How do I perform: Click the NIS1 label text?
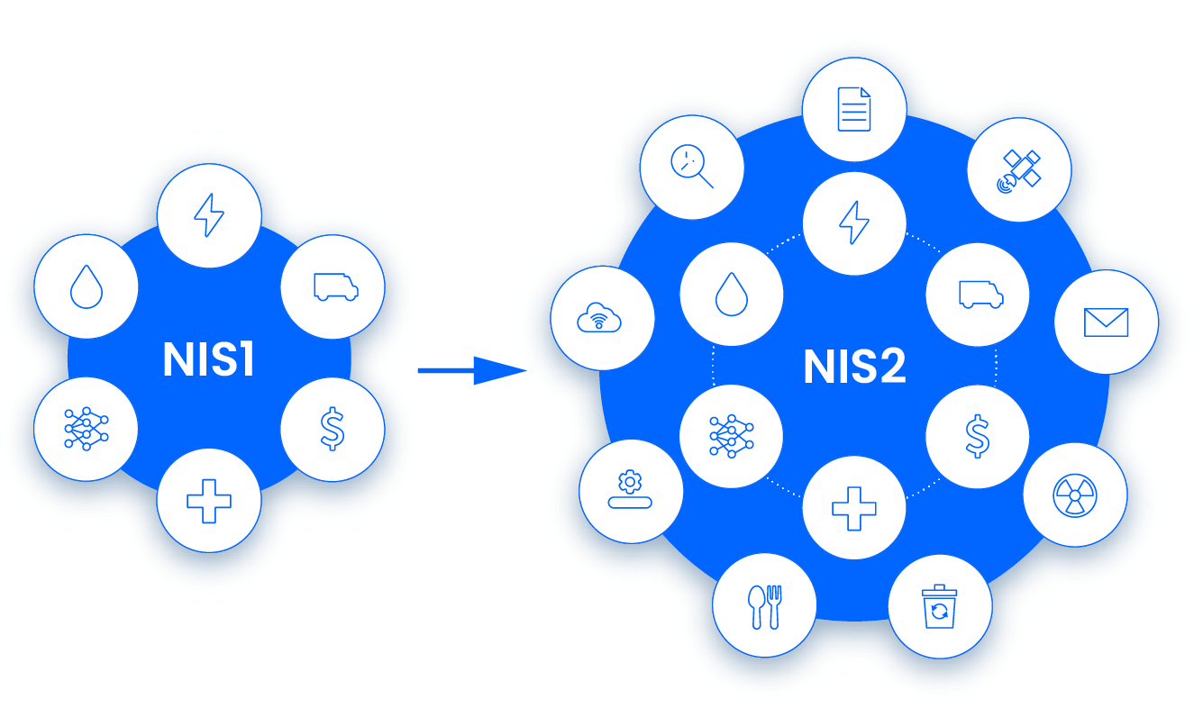click(209, 360)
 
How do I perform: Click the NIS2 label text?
click(854, 368)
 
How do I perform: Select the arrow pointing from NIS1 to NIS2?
click(470, 369)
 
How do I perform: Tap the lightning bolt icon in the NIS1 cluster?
click(209, 216)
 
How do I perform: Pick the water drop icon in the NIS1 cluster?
click(86, 287)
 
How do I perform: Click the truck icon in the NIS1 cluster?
click(333, 287)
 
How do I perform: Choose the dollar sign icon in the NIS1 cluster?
click(333, 429)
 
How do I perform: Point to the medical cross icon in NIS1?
click(209, 500)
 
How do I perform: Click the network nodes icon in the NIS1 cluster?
click(86, 429)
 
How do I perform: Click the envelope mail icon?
click(1107, 322)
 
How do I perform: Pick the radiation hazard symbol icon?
click(1075, 495)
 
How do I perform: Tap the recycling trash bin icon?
click(940, 607)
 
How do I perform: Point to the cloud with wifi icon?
click(602, 318)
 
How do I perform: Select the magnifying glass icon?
click(692, 167)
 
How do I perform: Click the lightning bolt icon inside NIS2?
click(854, 222)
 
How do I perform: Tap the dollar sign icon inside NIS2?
click(978, 436)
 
